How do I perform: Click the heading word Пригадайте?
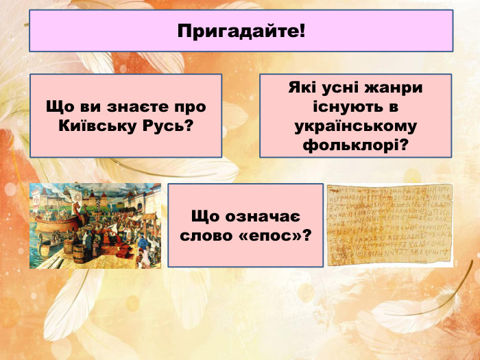tap(241, 31)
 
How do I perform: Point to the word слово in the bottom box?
tap(205, 235)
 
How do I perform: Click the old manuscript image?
tap(389, 225)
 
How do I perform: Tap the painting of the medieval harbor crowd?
tap(95, 226)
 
